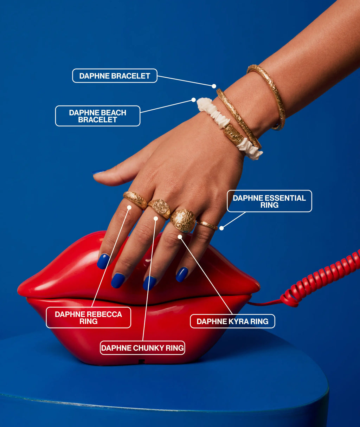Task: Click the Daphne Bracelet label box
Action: [x=115, y=76]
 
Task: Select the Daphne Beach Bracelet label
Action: [x=98, y=116]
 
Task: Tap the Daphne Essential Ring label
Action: [x=269, y=201]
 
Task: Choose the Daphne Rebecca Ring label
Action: [x=88, y=318]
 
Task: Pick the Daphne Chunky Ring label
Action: [x=142, y=348]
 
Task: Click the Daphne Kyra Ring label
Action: [x=233, y=321]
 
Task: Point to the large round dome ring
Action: [x=183, y=221]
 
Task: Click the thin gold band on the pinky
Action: [x=207, y=225]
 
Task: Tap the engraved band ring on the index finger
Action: [x=135, y=200]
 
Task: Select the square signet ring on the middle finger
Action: [x=159, y=209]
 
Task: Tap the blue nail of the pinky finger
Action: [x=182, y=274]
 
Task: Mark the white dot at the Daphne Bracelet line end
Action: [x=214, y=86]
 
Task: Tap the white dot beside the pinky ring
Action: [x=221, y=228]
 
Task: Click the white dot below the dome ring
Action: [x=180, y=237]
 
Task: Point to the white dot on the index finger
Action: [x=129, y=208]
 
